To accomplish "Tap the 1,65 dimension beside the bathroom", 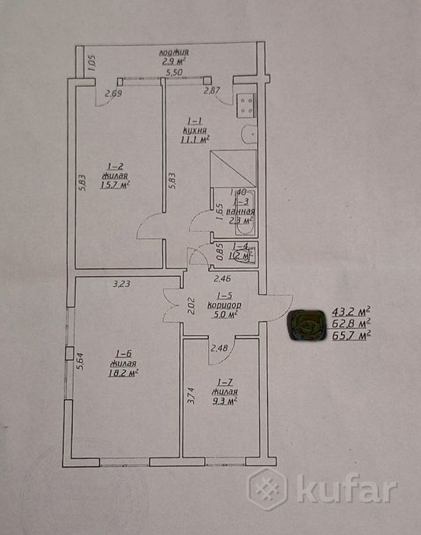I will coord(220,212).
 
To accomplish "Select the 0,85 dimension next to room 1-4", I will coord(220,253).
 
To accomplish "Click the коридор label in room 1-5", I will coord(224,305).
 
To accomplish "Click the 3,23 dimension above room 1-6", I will coord(120,284).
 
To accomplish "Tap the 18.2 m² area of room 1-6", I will coord(124,372).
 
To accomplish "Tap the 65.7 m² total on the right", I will coord(351,335).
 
